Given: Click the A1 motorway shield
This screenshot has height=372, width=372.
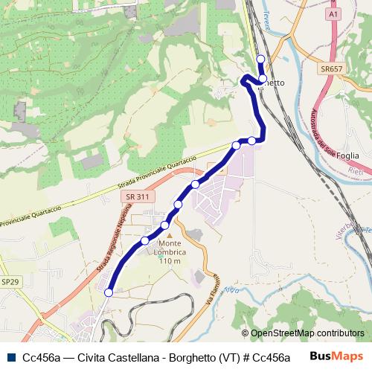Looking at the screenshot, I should (x=332, y=13).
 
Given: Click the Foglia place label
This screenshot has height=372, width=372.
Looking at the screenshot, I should (x=348, y=156).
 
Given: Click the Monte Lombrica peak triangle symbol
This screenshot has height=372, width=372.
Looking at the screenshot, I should (x=169, y=236).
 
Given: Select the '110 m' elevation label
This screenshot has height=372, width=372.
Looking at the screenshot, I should (x=170, y=261).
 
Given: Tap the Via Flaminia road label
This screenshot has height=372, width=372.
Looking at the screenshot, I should (x=211, y=296).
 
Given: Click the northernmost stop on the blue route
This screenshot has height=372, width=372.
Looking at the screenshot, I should (x=260, y=60).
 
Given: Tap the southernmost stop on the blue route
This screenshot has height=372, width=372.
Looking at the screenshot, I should (x=109, y=293).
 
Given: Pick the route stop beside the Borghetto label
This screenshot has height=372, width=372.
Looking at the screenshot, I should (x=263, y=78).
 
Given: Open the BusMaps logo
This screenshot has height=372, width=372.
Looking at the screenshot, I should (x=336, y=356).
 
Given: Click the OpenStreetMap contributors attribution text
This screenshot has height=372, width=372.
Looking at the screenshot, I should (x=308, y=333).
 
